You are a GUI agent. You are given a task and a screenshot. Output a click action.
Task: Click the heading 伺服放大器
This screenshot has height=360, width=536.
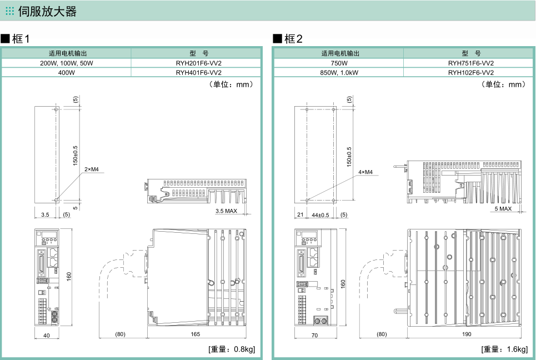tap(47, 11)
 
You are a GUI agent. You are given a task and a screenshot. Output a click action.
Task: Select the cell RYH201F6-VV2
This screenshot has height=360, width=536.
tap(198, 63)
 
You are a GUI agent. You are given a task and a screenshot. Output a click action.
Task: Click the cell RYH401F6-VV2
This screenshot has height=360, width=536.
tap(198, 72)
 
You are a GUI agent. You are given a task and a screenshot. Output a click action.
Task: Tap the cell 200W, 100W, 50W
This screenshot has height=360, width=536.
tap(67, 63)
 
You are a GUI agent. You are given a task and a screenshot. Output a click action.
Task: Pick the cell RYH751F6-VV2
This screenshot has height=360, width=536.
tap(470, 63)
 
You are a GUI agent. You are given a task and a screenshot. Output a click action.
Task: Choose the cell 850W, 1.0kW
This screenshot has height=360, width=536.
tap(339, 72)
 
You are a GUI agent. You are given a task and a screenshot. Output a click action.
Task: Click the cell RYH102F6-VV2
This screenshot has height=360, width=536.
tap(470, 72)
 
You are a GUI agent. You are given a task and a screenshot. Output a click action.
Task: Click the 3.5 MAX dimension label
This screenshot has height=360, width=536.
tap(226, 211)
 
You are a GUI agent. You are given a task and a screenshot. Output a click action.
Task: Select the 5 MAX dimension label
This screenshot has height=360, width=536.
tap(503, 209)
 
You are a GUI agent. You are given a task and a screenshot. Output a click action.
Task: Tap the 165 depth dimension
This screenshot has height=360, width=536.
tap(196, 334)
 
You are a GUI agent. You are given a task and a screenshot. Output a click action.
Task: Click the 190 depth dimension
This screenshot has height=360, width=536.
tap(466, 334)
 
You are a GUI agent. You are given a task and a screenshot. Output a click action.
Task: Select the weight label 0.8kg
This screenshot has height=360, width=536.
tap(232, 349)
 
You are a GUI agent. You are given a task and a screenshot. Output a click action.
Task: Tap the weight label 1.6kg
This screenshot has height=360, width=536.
tap(504, 349)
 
